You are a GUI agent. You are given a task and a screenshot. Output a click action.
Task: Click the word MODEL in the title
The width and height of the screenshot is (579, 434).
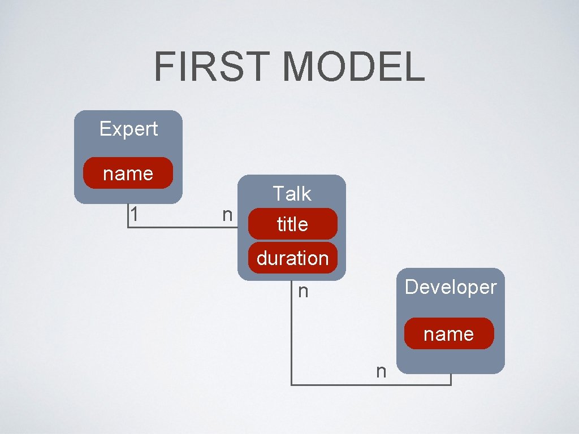353,66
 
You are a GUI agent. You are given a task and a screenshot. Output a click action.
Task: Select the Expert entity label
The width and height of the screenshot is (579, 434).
128,129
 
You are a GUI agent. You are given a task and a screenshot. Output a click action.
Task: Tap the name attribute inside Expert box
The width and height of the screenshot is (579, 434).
128,173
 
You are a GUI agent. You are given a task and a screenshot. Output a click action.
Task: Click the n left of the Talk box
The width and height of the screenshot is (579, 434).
227,215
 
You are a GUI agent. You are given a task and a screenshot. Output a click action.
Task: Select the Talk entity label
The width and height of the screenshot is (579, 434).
292,194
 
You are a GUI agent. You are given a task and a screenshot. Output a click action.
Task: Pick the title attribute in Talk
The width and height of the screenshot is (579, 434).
292,224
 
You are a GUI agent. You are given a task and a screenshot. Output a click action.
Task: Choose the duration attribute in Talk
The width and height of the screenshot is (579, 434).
292,258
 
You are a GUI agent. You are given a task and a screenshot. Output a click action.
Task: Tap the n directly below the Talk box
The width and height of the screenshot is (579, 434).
303,292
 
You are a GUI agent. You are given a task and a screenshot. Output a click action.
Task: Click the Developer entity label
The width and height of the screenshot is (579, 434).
450,287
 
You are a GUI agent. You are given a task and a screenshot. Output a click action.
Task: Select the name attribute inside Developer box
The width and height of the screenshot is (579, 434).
448,334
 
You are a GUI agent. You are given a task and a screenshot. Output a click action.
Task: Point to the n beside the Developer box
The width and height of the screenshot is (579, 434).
381,371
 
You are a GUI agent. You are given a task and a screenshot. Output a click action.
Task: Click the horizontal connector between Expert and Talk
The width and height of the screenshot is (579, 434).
181,227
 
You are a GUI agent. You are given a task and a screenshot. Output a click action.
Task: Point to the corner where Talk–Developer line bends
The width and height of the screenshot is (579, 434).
292,385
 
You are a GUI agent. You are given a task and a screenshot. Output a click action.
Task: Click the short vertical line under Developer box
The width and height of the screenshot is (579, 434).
451,379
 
